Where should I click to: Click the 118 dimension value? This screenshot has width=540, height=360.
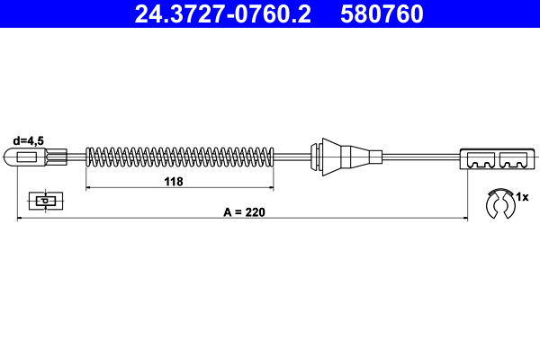click(x=175, y=181)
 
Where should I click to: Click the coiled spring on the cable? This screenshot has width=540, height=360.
click(x=180, y=157)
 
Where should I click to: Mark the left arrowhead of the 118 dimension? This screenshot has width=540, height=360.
click(x=88, y=188)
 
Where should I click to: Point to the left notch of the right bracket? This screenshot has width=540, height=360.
click(x=480, y=164)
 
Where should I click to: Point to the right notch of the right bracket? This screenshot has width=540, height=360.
click(x=513, y=164)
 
